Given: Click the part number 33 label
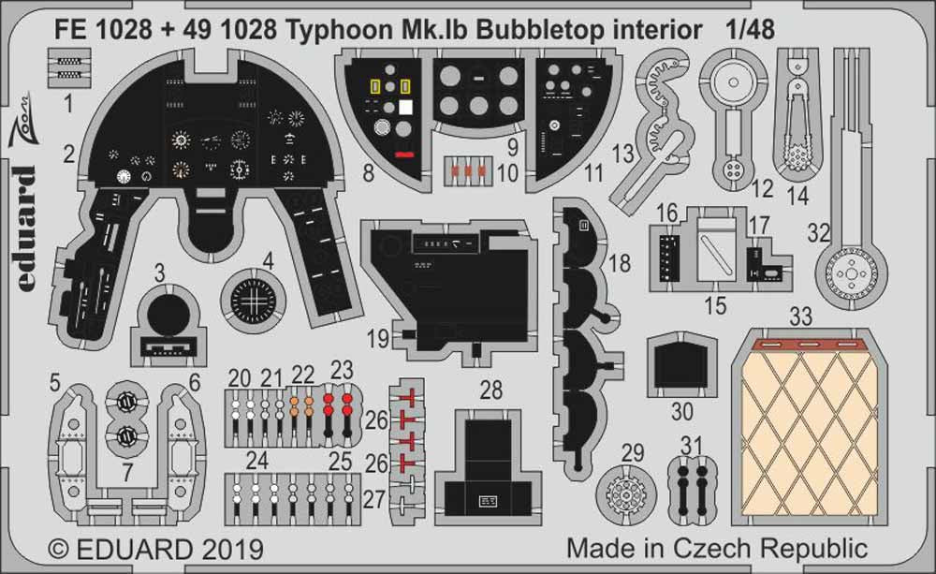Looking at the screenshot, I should pyautogui.click(x=799, y=317).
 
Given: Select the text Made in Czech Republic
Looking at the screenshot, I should pyautogui.click(x=717, y=548).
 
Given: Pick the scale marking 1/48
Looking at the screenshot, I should pyautogui.click(x=750, y=29).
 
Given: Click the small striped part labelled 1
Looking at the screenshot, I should pyautogui.click(x=66, y=66).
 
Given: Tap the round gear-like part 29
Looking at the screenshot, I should pyautogui.click(x=631, y=491).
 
